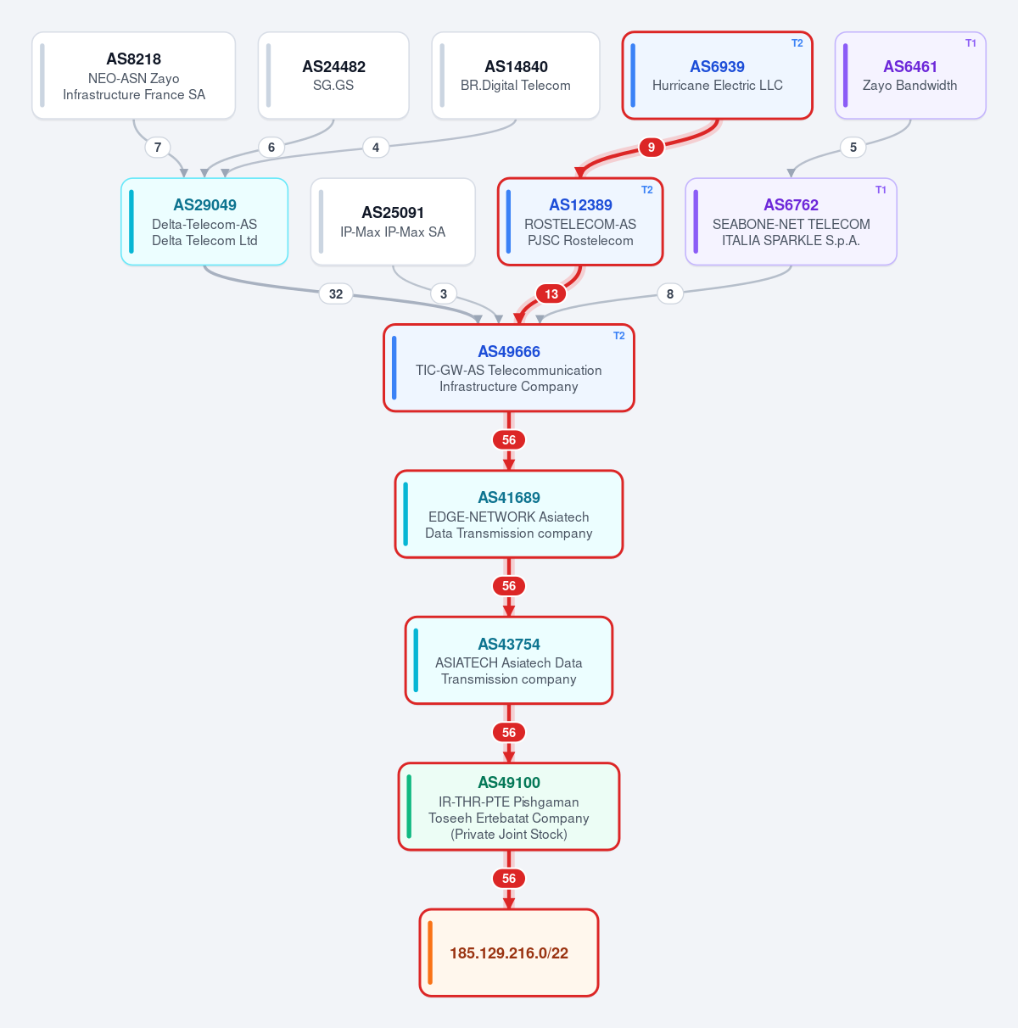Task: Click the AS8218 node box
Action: tap(133, 75)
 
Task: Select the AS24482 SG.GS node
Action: tap(333, 75)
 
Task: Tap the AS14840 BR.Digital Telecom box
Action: tap(516, 75)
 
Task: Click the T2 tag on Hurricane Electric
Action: tap(797, 43)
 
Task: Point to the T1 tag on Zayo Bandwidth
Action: tap(970, 43)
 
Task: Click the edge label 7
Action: tap(158, 148)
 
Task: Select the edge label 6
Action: tap(271, 148)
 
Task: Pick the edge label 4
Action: tap(376, 148)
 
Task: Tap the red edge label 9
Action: tap(652, 148)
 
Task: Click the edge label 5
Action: tap(853, 148)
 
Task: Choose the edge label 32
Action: tap(336, 294)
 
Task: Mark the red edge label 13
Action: tap(551, 294)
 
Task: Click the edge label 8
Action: tap(670, 294)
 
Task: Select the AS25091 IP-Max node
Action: tap(393, 221)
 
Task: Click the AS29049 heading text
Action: tap(205, 205)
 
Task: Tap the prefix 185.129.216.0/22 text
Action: tap(509, 953)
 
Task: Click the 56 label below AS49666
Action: tap(509, 440)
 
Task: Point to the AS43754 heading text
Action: tap(509, 645)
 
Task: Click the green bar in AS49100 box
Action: tap(409, 807)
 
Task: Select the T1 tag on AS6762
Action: tap(881, 190)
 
